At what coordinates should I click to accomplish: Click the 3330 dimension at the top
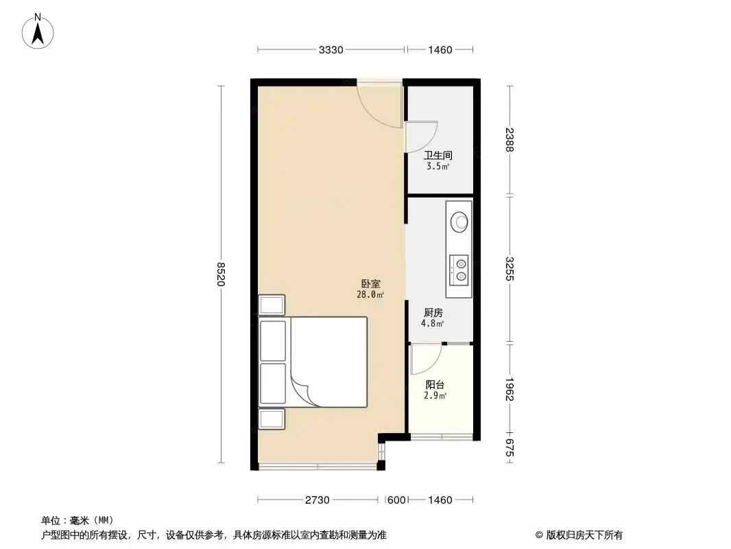click(331, 50)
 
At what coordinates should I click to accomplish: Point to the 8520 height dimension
click(221, 274)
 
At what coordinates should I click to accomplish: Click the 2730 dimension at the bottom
click(317, 500)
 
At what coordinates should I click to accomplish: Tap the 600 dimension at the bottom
click(397, 500)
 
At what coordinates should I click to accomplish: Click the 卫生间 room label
click(438, 155)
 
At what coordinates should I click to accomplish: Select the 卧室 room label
click(370, 283)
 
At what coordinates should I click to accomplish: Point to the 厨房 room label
click(433, 312)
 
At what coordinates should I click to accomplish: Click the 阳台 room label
click(435, 385)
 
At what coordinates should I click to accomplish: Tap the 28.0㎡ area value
click(370, 295)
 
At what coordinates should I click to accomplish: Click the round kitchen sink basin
click(459, 222)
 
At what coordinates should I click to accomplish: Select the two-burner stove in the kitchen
click(459, 270)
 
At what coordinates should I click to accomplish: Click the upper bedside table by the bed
click(272, 305)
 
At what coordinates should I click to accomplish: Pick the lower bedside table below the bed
click(272, 419)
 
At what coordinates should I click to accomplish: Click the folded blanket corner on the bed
click(304, 391)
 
